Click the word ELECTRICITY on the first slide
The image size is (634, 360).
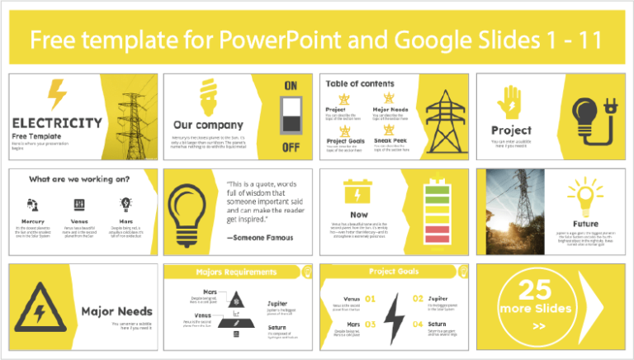pos(59,123)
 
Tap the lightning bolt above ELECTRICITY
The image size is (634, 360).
pos(58,94)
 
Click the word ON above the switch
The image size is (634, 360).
pos(291,86)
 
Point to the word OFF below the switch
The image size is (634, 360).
pos(291,149)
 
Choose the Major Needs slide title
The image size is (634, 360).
pos(116,311)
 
